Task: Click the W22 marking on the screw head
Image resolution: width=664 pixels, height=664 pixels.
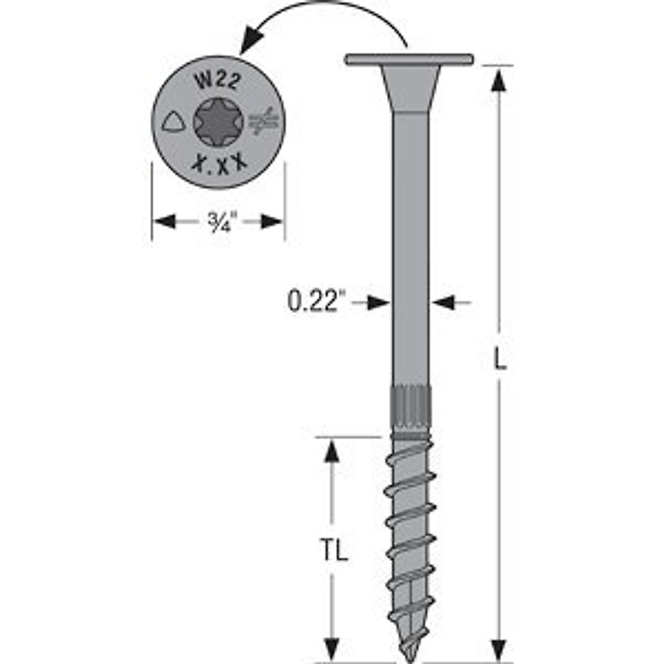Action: coord(217,82)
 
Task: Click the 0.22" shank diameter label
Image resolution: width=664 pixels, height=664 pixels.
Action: coord(313,303)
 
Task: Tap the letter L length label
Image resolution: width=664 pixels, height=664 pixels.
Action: coord(499,361)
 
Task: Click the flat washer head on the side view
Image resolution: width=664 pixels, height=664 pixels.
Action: coord(409,59)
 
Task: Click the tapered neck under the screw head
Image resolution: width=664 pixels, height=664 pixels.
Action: coord(410,89)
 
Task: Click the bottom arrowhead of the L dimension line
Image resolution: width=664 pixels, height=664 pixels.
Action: coord(499,647)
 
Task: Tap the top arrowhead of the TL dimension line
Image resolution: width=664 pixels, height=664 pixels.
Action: coord(331,453)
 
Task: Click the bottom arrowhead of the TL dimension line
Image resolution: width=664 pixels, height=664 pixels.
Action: coord(331,647)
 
